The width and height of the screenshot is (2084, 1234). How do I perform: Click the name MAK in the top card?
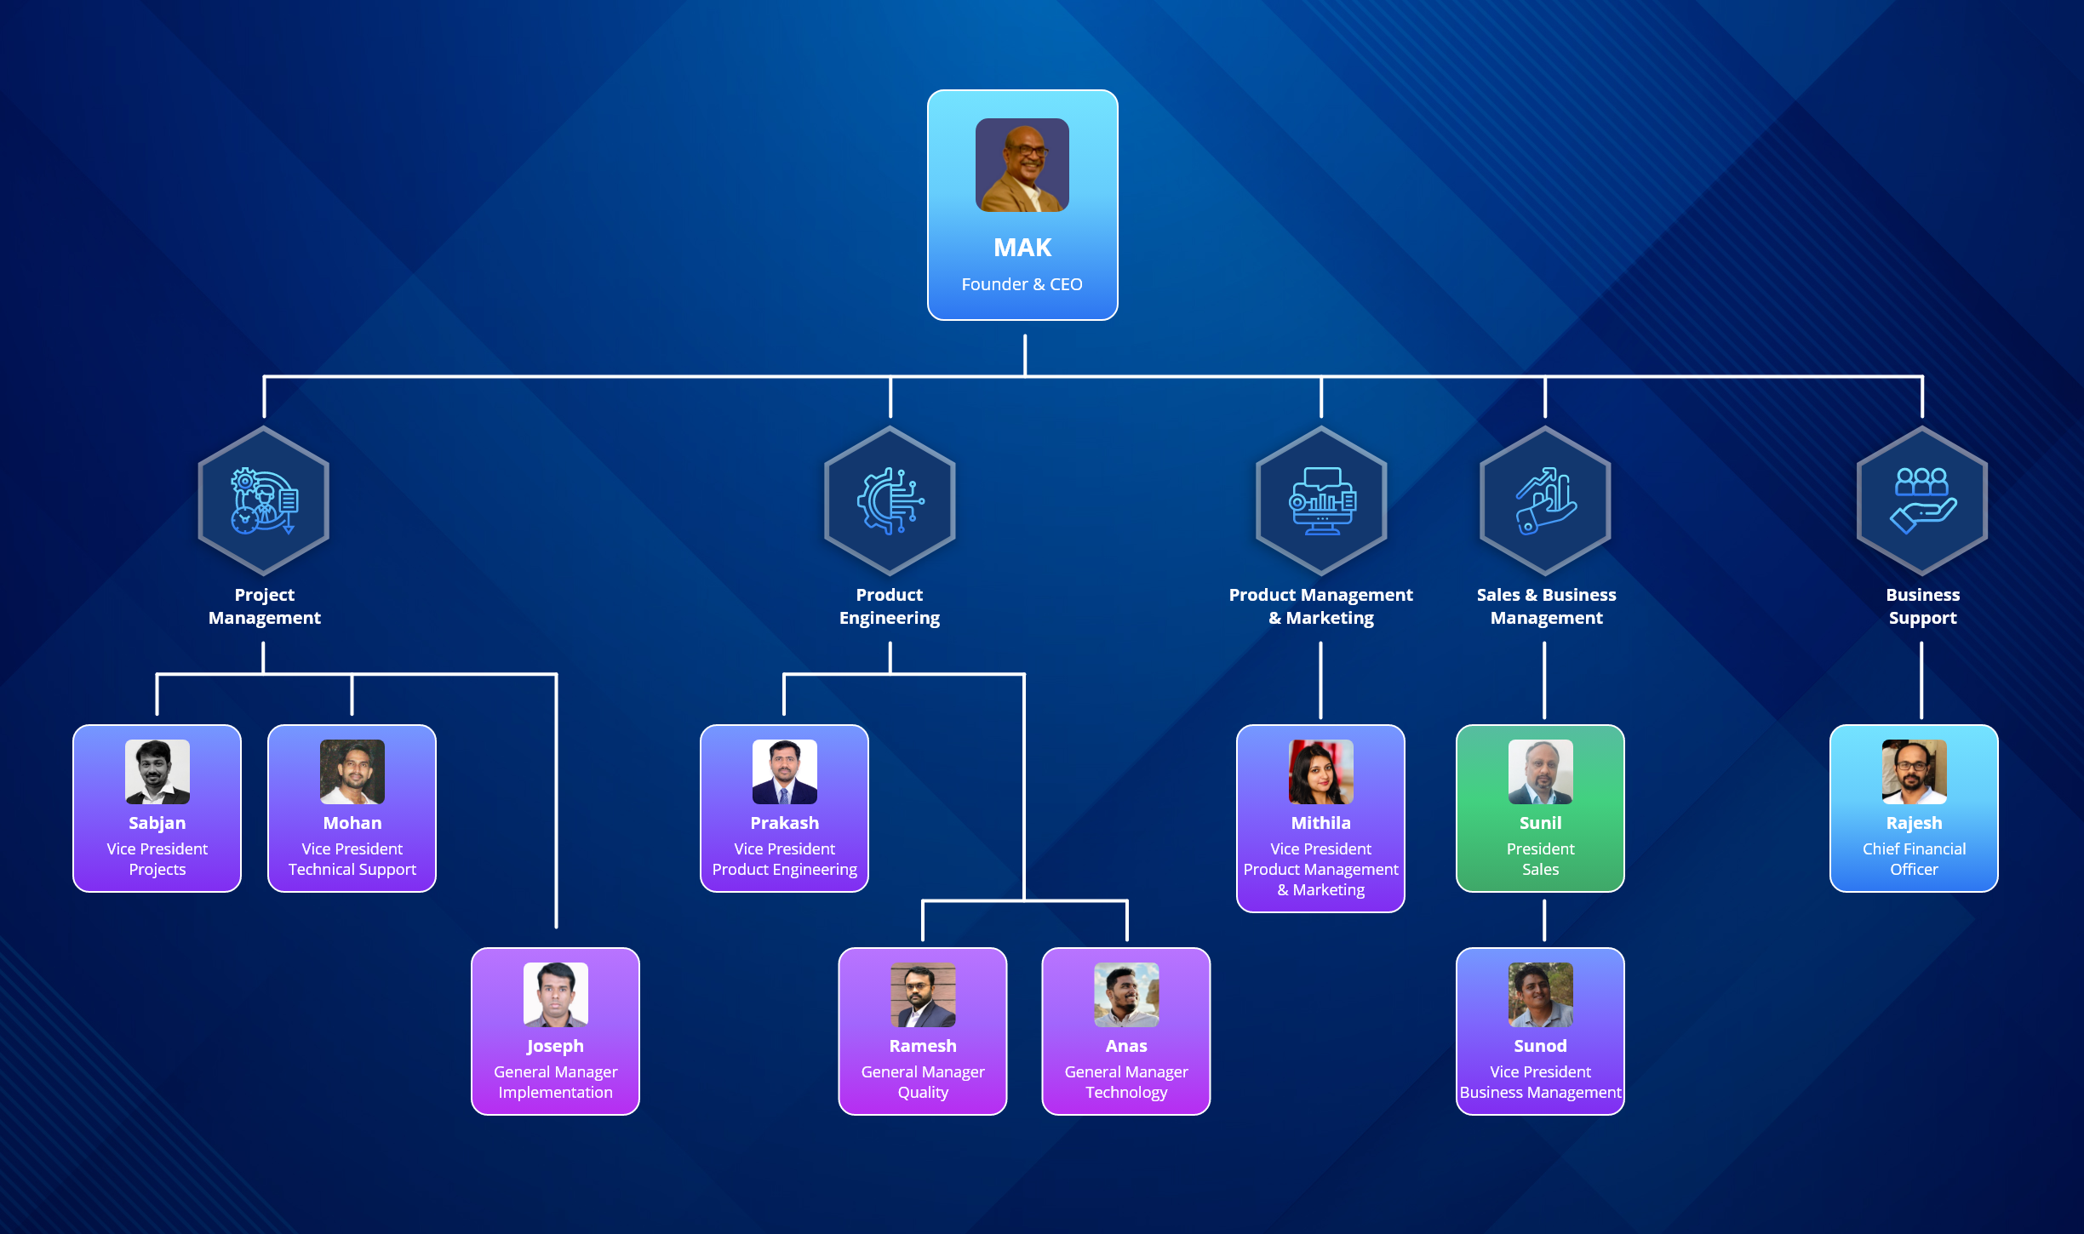click(1022, 248)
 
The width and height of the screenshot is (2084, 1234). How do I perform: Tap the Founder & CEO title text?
click(1022, 284)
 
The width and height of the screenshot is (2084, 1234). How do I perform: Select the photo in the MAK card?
click(1022, 165)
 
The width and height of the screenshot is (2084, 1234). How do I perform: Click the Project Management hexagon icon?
click(264, 501)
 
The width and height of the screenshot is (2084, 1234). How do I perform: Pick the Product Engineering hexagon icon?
click(890, 501)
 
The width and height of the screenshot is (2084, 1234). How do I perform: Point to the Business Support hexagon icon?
click(1922, 501)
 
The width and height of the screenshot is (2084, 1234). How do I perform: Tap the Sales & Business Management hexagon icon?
click(1545, 501)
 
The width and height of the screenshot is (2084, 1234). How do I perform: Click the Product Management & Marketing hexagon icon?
click(1321, 501)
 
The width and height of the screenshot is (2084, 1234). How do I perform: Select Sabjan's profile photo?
click(157, 772)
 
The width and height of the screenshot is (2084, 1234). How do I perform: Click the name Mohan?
click(352, 823)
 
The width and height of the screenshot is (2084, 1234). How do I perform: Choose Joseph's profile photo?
click(555, 995)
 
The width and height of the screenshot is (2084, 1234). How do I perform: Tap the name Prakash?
click(784, 823)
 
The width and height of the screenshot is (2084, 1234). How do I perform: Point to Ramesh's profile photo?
click(923, 995)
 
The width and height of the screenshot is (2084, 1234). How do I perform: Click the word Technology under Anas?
click(1126, 1092)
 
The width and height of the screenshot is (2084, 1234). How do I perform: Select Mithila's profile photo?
click(1320, 772)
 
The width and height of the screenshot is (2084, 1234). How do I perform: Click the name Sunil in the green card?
click(1540, 823)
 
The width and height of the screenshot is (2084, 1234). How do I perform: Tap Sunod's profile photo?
click(1540, 995)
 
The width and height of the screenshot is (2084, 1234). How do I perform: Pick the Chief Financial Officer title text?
click(1914, 859)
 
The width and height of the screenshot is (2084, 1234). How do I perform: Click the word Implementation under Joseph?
click(555, 1092)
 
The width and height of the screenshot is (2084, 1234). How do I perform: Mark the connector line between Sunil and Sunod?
click(1544, 920)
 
